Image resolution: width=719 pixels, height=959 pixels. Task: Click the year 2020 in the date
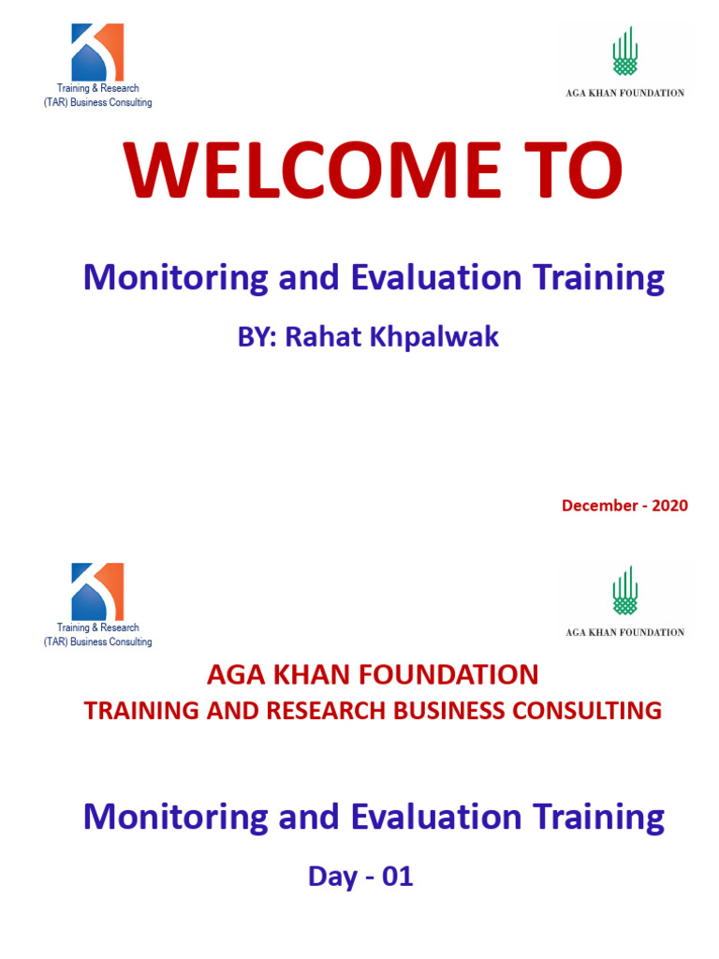[669, 506]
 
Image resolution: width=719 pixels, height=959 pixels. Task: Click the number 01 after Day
[396, 877]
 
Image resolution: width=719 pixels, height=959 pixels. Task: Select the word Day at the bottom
[333, 877]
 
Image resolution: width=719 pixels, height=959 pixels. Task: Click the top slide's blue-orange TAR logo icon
[97, 52]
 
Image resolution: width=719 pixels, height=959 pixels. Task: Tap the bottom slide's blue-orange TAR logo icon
[97, 592]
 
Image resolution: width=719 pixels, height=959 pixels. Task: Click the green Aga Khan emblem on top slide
[625, 52]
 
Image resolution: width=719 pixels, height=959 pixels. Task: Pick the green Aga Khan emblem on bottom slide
[625, 591]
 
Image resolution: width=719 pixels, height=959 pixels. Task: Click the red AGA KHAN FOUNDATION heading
[373, 674]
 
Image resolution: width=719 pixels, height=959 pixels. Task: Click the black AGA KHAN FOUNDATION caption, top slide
[624, 93]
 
